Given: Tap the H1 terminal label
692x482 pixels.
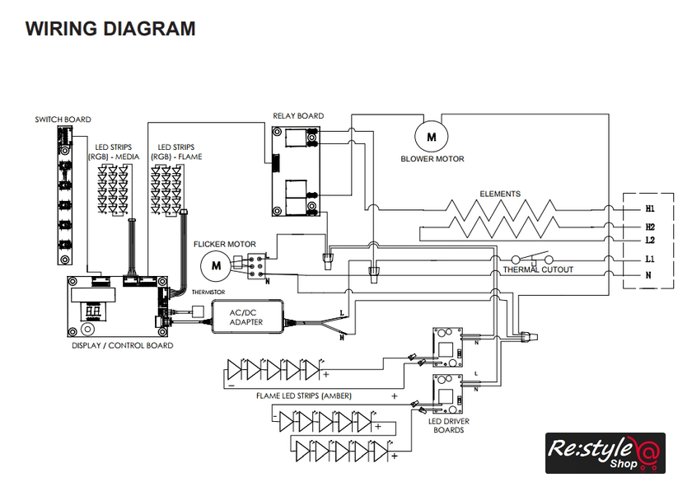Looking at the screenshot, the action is [x=650, y=208].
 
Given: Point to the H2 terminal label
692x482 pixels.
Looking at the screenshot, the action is [x=650, y=227].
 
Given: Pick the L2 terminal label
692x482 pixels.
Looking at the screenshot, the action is [x=650, y=241].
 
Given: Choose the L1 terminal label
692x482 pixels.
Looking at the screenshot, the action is [x=650, y=259].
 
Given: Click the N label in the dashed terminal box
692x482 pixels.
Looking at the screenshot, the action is [x=648, y=275].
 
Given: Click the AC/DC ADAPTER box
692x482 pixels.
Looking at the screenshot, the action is [x=248, y=316].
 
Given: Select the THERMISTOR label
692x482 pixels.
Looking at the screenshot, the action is [x=208, y=292].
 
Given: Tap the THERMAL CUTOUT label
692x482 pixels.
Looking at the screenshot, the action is [x=538, y=269].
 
